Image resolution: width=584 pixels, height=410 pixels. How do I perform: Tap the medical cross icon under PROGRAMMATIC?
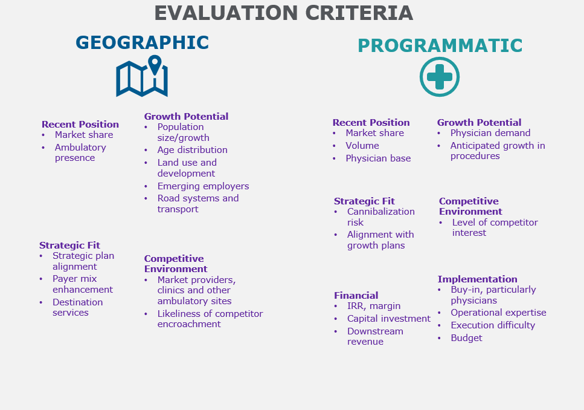click(x=440, y=77)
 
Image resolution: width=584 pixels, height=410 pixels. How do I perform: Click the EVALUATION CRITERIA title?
click(x=283, y=13)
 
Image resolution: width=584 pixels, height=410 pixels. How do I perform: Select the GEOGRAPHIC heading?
click(x=142, y=42)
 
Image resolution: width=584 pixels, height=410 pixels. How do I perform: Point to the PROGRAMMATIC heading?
click(x=440, y=45)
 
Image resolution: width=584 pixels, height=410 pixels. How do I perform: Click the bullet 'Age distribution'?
click(x=192, y=150)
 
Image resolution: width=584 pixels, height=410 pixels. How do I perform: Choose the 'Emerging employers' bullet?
click(x=203, y=186)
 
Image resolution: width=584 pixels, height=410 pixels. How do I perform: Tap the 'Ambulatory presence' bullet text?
click(x=80, y=152)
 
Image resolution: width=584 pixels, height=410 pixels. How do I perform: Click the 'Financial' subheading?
click(x=356, y=296)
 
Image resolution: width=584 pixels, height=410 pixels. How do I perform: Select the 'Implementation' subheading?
click(x=478, y=279)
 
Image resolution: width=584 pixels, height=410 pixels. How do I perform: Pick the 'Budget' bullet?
click(x=466, y=338)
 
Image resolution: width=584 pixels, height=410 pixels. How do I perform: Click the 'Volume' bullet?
click(x=362, y=146)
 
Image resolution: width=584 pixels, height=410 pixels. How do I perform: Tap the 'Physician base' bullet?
click(x=378, y=158)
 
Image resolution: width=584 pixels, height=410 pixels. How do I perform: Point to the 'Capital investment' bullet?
click(x=389, y=319)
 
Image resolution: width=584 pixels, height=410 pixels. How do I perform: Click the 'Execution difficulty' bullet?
click(x=493, y=325)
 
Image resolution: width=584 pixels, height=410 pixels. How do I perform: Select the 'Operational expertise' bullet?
click(x=498, y=313)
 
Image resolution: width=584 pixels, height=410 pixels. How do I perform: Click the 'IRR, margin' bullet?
click(x=374, y=306)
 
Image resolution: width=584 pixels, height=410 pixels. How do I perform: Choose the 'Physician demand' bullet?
click(x=490, y=133)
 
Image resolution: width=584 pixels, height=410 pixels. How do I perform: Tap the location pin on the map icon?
click(x=155, y=65)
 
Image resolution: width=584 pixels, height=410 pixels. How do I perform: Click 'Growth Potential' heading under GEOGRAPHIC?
click(x=186, y=116)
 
